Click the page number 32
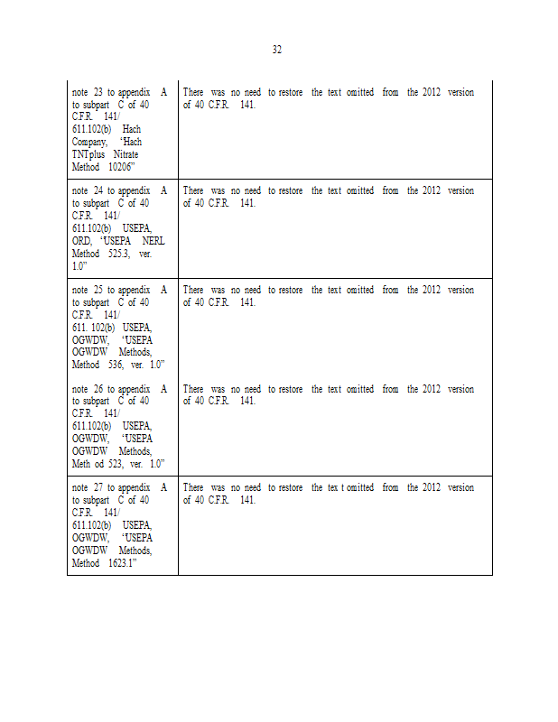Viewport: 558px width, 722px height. coord(276,50)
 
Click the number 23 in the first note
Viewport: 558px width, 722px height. coord(98,92)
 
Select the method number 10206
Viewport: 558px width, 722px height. coord(121,167)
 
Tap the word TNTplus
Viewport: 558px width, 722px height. coord(88,154)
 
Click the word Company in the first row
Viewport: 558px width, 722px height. coord(89,142)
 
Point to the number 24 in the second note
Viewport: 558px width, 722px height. coord(98,191)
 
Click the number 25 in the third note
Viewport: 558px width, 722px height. coord(98,290)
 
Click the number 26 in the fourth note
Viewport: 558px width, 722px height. coord(98,389)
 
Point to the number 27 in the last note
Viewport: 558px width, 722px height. coord(98,487)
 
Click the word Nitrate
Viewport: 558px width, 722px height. coord(126,154)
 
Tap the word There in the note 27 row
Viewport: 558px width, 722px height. coord(193,487)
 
